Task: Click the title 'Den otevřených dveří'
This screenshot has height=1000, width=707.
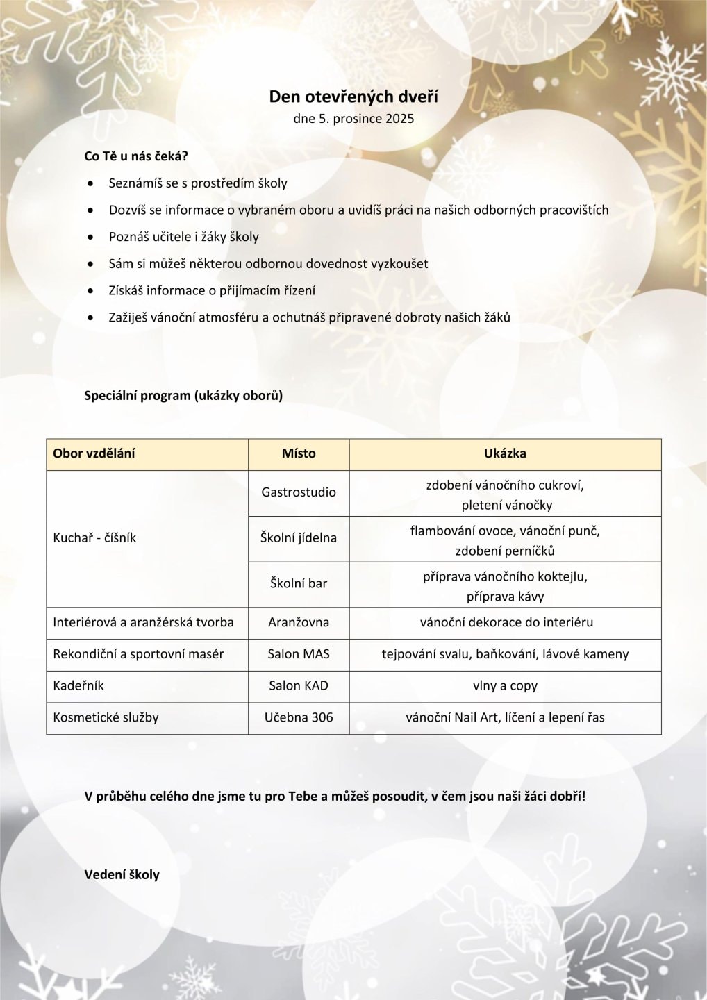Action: click(x=353, y=97)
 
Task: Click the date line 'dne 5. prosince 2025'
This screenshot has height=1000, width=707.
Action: click(x=353, y=119)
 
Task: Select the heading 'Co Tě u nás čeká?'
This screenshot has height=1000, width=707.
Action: click(x=136, y=156)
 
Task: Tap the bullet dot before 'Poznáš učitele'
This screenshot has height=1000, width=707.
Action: click(x=90, y=237)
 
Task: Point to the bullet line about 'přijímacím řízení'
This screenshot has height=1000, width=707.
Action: click(x=212, y=290)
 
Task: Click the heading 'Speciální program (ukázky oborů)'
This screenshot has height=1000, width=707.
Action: click(x=183, y=396)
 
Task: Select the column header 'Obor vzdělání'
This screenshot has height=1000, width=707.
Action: click(x=94, y=453)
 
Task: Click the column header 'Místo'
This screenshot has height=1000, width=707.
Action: click(x=299, y=453)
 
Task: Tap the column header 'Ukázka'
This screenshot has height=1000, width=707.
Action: click(x=505, y=453)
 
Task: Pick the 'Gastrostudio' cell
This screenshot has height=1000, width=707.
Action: click(x=299, y=492)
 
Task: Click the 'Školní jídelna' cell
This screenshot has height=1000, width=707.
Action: click(x=299, y=538)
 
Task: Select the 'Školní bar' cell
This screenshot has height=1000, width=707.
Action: click(x=299, y=583)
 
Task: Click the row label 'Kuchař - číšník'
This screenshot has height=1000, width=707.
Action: click(x=94, y=538)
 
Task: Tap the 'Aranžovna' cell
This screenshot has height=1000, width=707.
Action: click(x=299, y=622)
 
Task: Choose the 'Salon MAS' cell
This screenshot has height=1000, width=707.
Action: click(x=299, y=654)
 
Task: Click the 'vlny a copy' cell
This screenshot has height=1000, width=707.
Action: click(x=505, y=686)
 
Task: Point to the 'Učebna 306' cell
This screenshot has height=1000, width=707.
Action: click(x=299, y=717)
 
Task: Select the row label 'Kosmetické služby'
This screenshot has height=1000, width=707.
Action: click(x=106, y=717)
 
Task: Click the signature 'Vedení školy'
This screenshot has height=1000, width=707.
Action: click(x=122, y=875)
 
